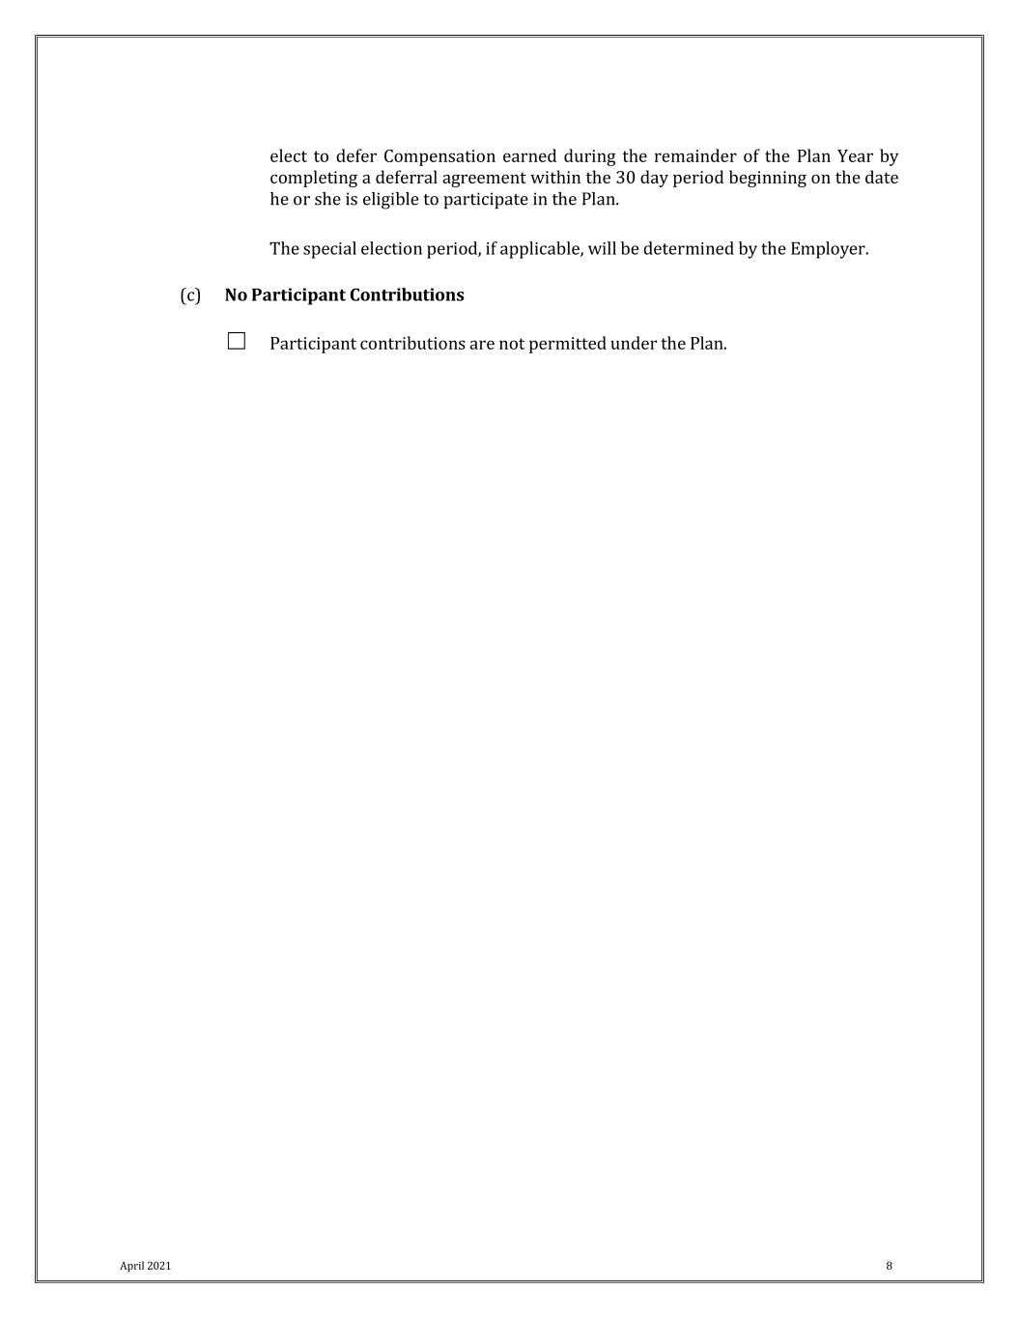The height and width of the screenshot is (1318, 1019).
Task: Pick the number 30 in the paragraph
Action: point(625,179)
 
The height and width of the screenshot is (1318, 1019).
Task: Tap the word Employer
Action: point(829,249)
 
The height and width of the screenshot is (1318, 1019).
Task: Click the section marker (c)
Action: point(190,295)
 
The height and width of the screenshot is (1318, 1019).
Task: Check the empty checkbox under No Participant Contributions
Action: point(237,341)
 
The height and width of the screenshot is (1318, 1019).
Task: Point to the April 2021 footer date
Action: point(145,1266)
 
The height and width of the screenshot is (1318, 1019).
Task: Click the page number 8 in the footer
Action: point(889,1266)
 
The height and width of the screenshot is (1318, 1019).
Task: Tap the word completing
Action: point(313,179)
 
